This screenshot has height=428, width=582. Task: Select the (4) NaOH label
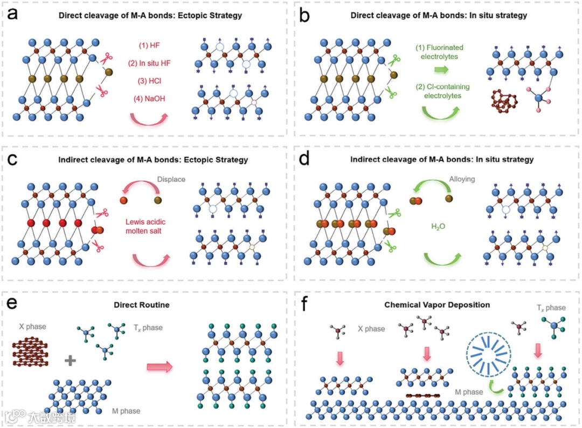[x=149, y=99]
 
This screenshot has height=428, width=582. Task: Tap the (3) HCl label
[x=149, y=81]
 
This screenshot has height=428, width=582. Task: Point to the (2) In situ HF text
[x=149, y=64]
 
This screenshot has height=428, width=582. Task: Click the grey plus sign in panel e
[x=70, y=361]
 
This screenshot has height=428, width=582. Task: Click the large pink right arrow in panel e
[x=160, y=367]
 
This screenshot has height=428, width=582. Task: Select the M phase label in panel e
[x=126, y=411]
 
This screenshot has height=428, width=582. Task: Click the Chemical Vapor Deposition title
[x=437, y=305]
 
